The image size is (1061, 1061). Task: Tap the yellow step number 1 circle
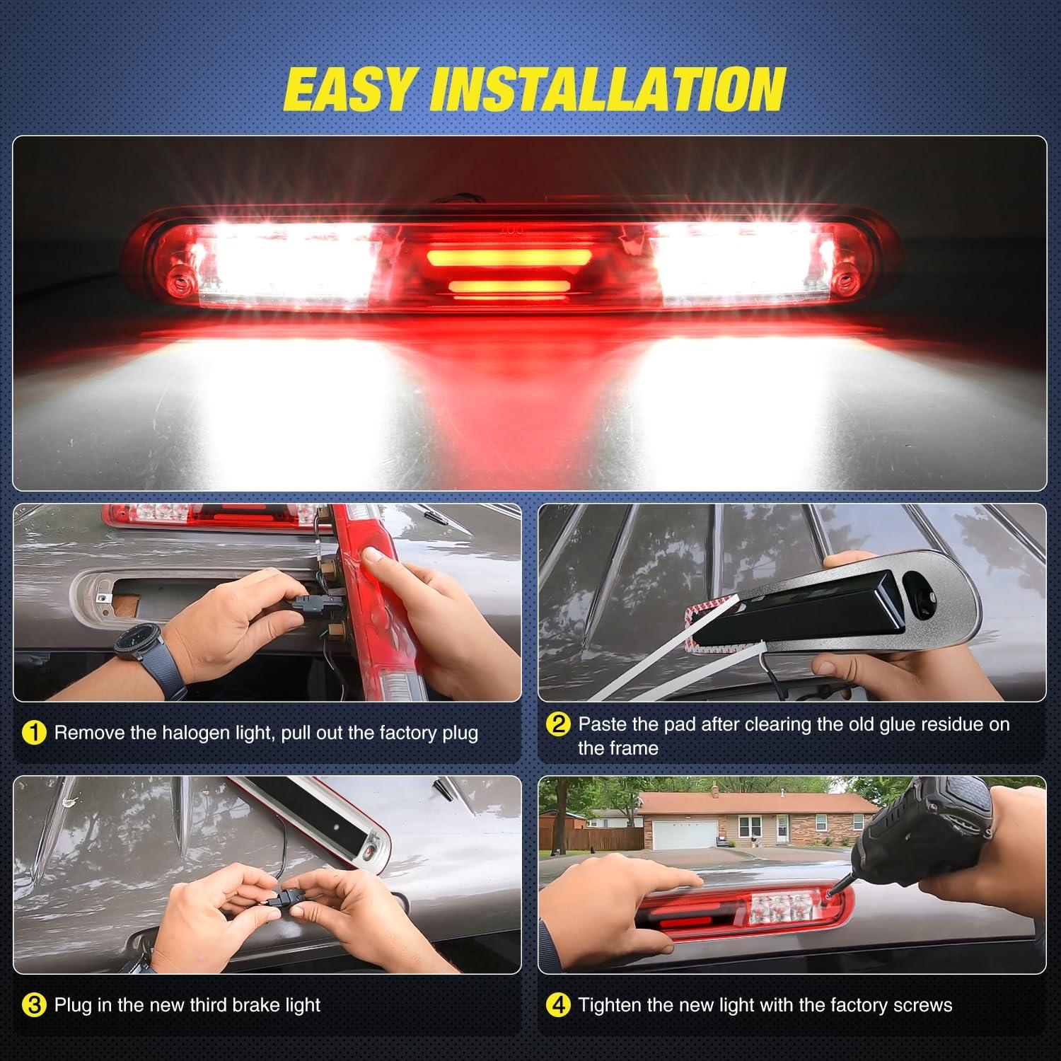[x=34, y=733]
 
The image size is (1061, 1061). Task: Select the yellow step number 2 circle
[x=559, y=724]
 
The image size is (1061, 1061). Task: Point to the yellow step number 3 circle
[x=34, y=1005]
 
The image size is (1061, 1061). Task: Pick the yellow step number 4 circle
[x=559, y=1005]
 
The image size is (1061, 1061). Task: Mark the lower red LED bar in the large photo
[x=509, y=287]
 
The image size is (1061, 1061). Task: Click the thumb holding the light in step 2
[x=835, y=666]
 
